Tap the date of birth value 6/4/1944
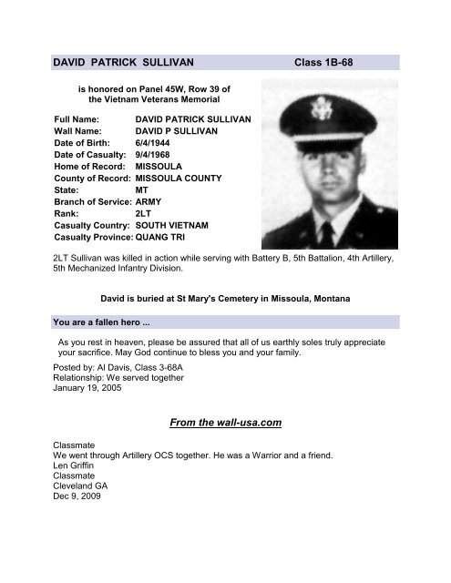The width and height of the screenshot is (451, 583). click(x=152, y=144)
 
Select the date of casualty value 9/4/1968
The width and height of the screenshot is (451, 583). click(x=152, y=157)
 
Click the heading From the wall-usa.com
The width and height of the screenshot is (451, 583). click(x=224, y=422)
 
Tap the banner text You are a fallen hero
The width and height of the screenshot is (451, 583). click(x=103, y=322)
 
